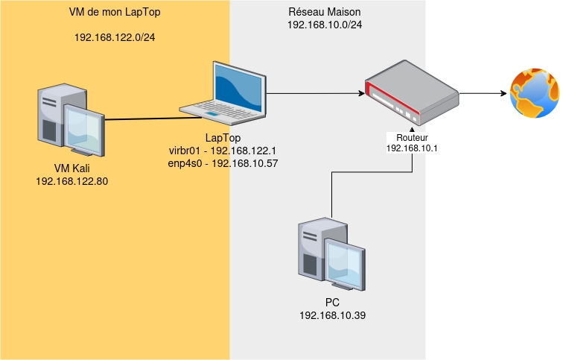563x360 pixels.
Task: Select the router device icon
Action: pos(411,94)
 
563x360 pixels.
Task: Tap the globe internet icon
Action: pos(534,94)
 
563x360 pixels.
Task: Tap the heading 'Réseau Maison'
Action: pos(325,13)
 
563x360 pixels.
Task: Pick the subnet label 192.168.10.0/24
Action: pos(325,25)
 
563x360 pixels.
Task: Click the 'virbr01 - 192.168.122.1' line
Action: pos(223,151)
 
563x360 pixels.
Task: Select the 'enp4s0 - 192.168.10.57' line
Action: pos(223,163)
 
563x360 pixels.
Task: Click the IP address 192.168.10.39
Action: pos(332,316)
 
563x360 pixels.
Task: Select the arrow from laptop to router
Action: pos(313,94)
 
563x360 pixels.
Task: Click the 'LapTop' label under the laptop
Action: pos(223,139)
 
